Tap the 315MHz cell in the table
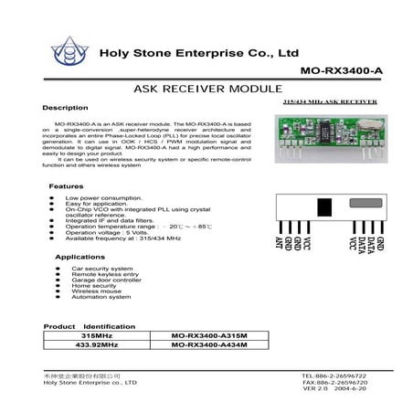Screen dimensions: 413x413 coord(95,335)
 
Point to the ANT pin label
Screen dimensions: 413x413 coord(278,242)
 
